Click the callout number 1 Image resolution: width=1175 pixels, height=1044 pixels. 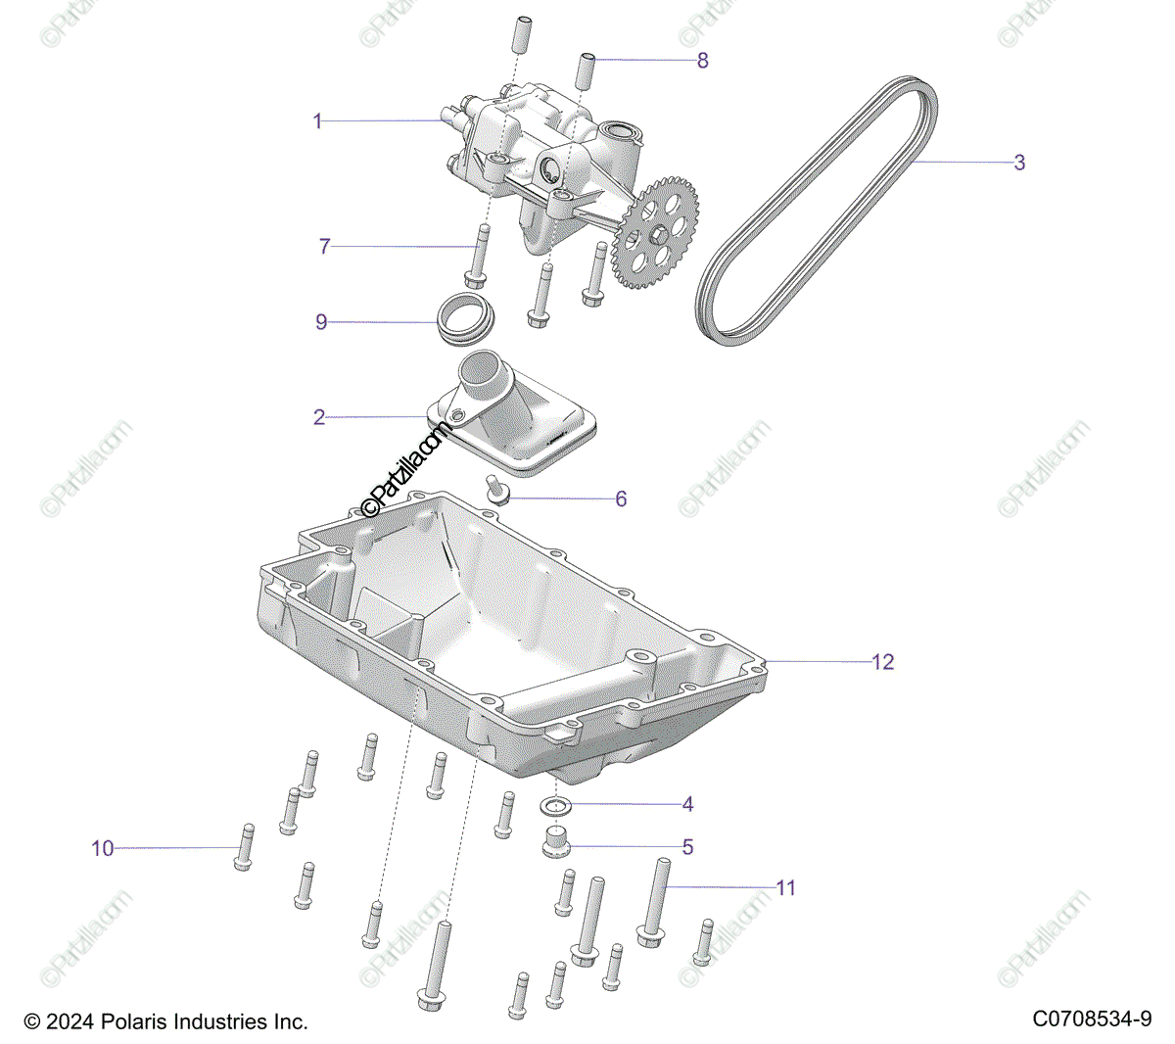click(317, 121)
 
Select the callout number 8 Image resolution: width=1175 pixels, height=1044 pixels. click(702, 61)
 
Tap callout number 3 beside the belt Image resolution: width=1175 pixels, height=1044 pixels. click(1019, 163)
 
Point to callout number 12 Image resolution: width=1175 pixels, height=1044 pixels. click(882, 662)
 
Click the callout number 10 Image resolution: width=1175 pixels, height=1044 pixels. click(103, 849)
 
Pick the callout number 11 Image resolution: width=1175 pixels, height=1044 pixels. click(785, 888)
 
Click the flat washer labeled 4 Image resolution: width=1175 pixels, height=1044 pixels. click(557, 807)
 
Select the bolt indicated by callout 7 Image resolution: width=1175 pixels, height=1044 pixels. click(478, 256)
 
